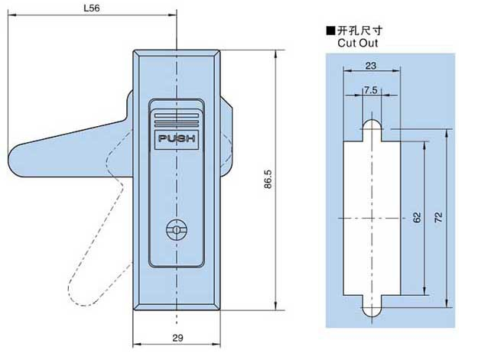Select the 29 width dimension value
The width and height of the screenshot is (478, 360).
pos(177,336)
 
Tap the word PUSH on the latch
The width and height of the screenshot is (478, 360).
pos(177,140)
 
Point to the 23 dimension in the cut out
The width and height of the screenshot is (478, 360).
pos(371,65)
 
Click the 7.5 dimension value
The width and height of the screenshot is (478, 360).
pos(370,89)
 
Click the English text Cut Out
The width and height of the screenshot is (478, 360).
pos(358,43)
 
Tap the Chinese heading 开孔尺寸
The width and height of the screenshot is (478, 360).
pos(359,31)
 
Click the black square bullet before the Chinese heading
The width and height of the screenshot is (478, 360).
pos(330,31)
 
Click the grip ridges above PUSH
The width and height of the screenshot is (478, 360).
pos(177,121)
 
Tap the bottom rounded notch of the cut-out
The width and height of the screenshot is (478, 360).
pos(371,310)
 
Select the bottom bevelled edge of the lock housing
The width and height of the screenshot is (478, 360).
pos(177,306)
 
